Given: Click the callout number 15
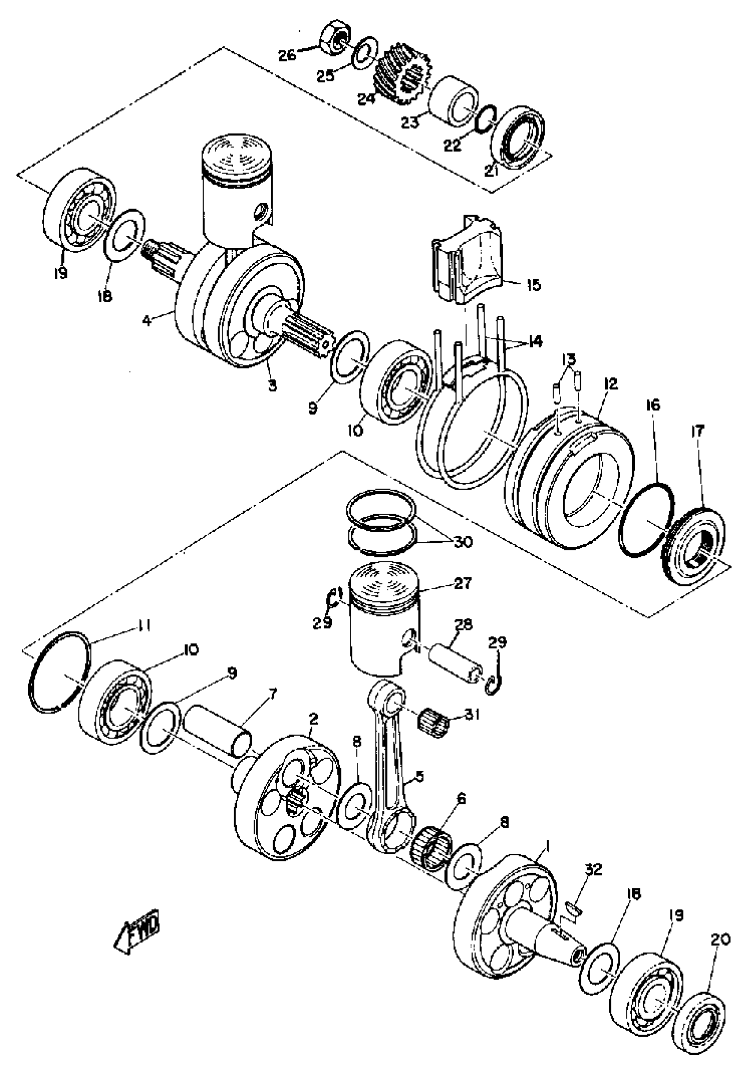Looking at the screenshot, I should point(533,285).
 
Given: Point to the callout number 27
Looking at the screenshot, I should point(462,584).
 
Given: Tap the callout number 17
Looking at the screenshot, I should point(698,431).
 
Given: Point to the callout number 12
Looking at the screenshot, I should point(611,384).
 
